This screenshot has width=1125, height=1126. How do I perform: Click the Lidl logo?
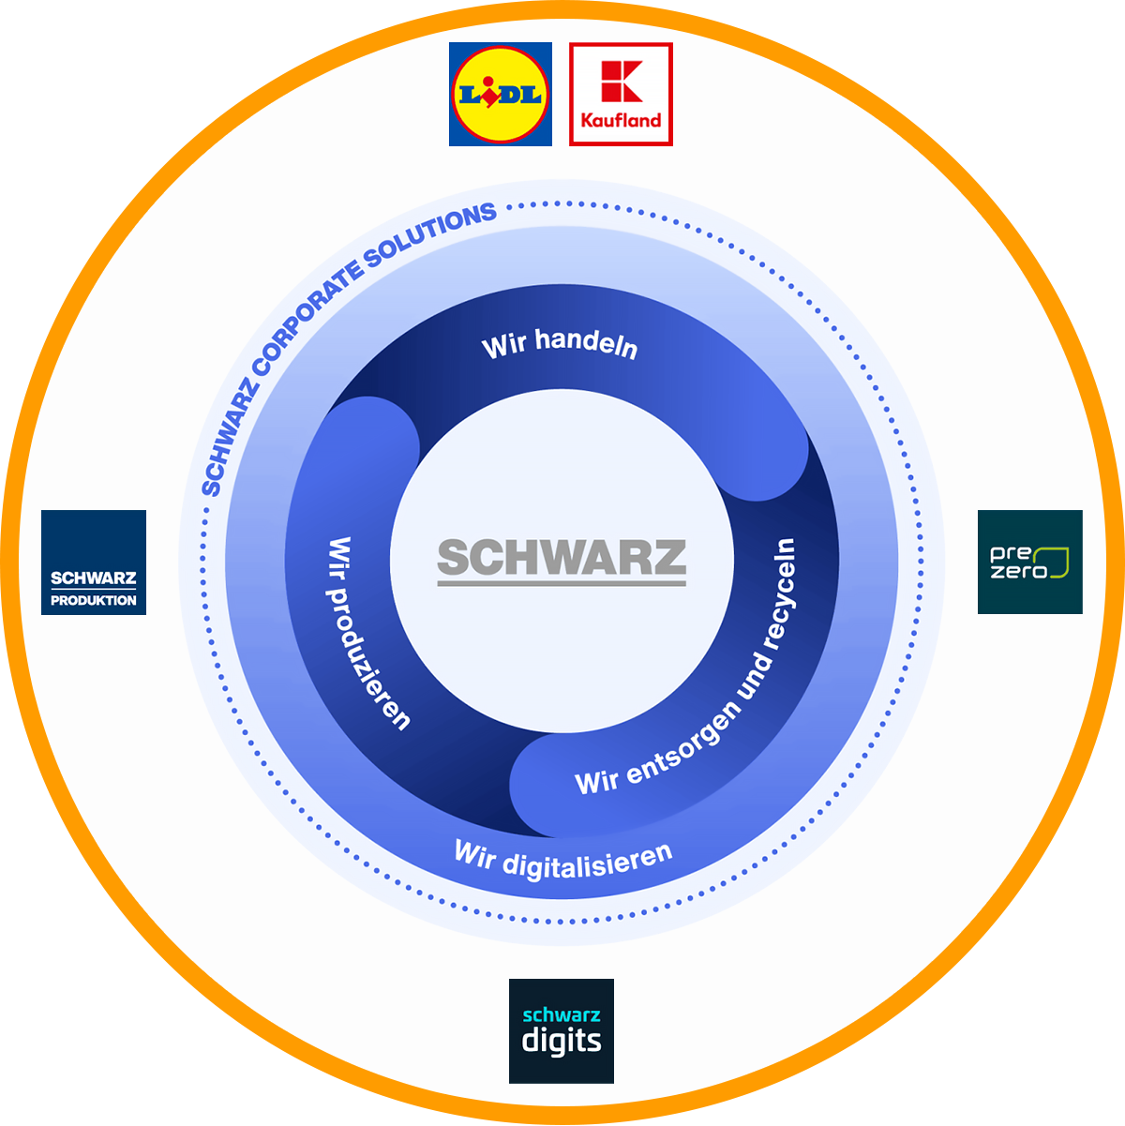coord(501,94)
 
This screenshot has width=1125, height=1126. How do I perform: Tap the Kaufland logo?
coord(621,94)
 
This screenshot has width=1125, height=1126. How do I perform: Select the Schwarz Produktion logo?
coord(94,563)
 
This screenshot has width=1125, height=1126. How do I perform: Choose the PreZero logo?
coord(1029,563)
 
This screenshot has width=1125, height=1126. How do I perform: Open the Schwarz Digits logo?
coord(561,1031)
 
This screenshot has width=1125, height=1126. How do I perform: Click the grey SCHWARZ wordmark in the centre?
coord(562,559)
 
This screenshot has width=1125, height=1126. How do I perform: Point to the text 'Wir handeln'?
coord(560,343)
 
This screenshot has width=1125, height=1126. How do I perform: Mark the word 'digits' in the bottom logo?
coord(561,1041)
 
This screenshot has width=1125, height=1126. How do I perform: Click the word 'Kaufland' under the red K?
coord(621,120)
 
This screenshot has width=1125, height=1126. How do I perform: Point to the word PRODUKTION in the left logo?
coord(94,600)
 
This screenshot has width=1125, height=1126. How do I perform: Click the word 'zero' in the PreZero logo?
coord(1018,572)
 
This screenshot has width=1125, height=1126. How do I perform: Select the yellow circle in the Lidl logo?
coord(501,94)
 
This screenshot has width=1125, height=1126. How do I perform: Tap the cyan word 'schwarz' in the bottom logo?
coord(561,1014)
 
